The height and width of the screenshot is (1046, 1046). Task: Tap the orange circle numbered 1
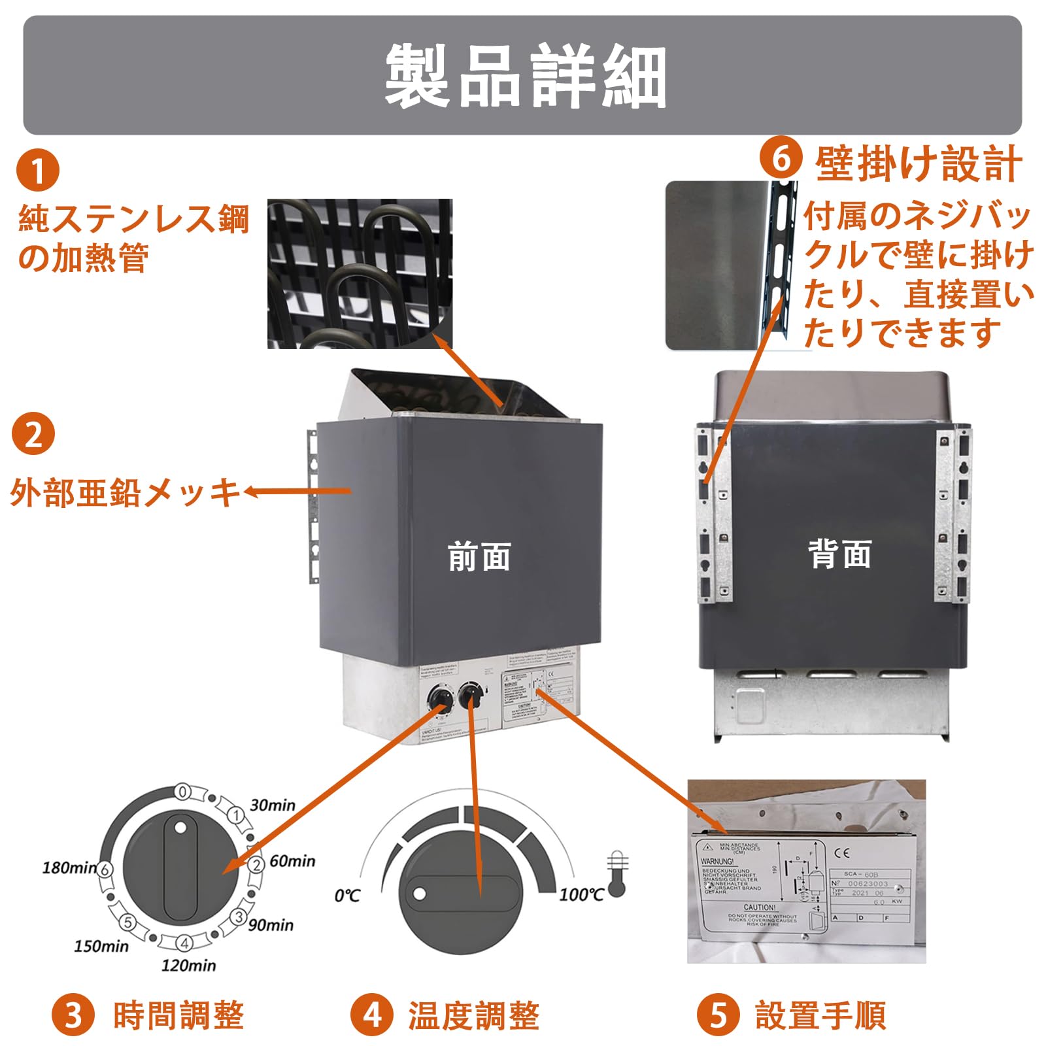click(x=38, y=171)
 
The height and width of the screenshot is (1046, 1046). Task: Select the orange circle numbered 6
click(x=781, y=159)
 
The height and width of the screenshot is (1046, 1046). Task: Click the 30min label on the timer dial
click(x=272, y=805)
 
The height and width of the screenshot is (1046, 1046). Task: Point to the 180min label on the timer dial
click(x=69, y=868)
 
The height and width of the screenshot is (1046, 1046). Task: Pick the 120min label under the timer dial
click(x=188, y=965)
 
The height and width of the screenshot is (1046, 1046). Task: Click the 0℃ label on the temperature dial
click(x=347, y=895)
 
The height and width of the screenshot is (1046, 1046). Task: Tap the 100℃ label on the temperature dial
click(x=581, y=894)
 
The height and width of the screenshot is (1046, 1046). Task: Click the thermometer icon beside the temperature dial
click(x=617, y=873)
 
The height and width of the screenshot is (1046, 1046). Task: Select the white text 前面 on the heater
click(x=479, y=556)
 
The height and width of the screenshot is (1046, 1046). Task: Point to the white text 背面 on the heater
click(x=839, y=554)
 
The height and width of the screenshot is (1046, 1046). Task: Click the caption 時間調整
click(x=178, y=1015)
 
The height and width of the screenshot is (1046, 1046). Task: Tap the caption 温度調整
click(x=474, y=1015)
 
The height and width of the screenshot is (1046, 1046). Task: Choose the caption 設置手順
click(x=820, y=1015)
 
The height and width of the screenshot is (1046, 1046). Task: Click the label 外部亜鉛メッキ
click(x=124, y=492)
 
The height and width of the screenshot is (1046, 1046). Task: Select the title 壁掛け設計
click(x=919, y=163)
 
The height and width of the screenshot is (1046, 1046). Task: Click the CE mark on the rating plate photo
click(x=842, y=852)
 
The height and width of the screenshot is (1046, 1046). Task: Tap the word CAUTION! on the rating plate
click(x=759, y=907)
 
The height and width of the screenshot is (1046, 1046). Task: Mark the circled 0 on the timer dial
click(x=183, y=792)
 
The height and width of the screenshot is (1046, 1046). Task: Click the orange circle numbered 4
click(x=372, y=1015)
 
